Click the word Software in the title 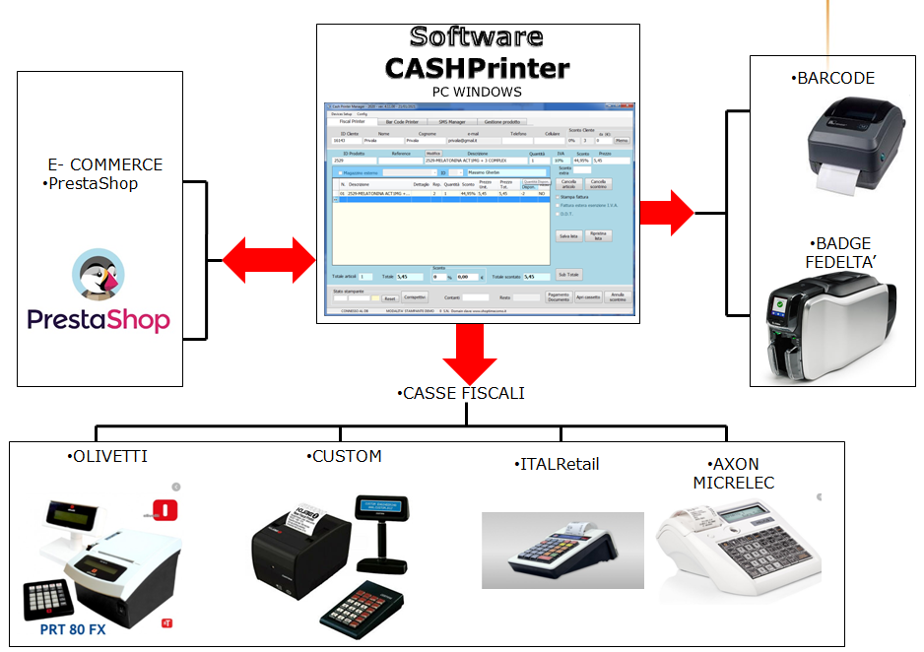[477, 37]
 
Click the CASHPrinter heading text [477, 68]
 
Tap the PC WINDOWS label [477, 92]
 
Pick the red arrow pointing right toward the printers [667, 211]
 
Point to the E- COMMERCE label [104, 164]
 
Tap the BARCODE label [833, 78]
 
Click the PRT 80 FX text [73, 627]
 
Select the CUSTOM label [345, 456]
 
